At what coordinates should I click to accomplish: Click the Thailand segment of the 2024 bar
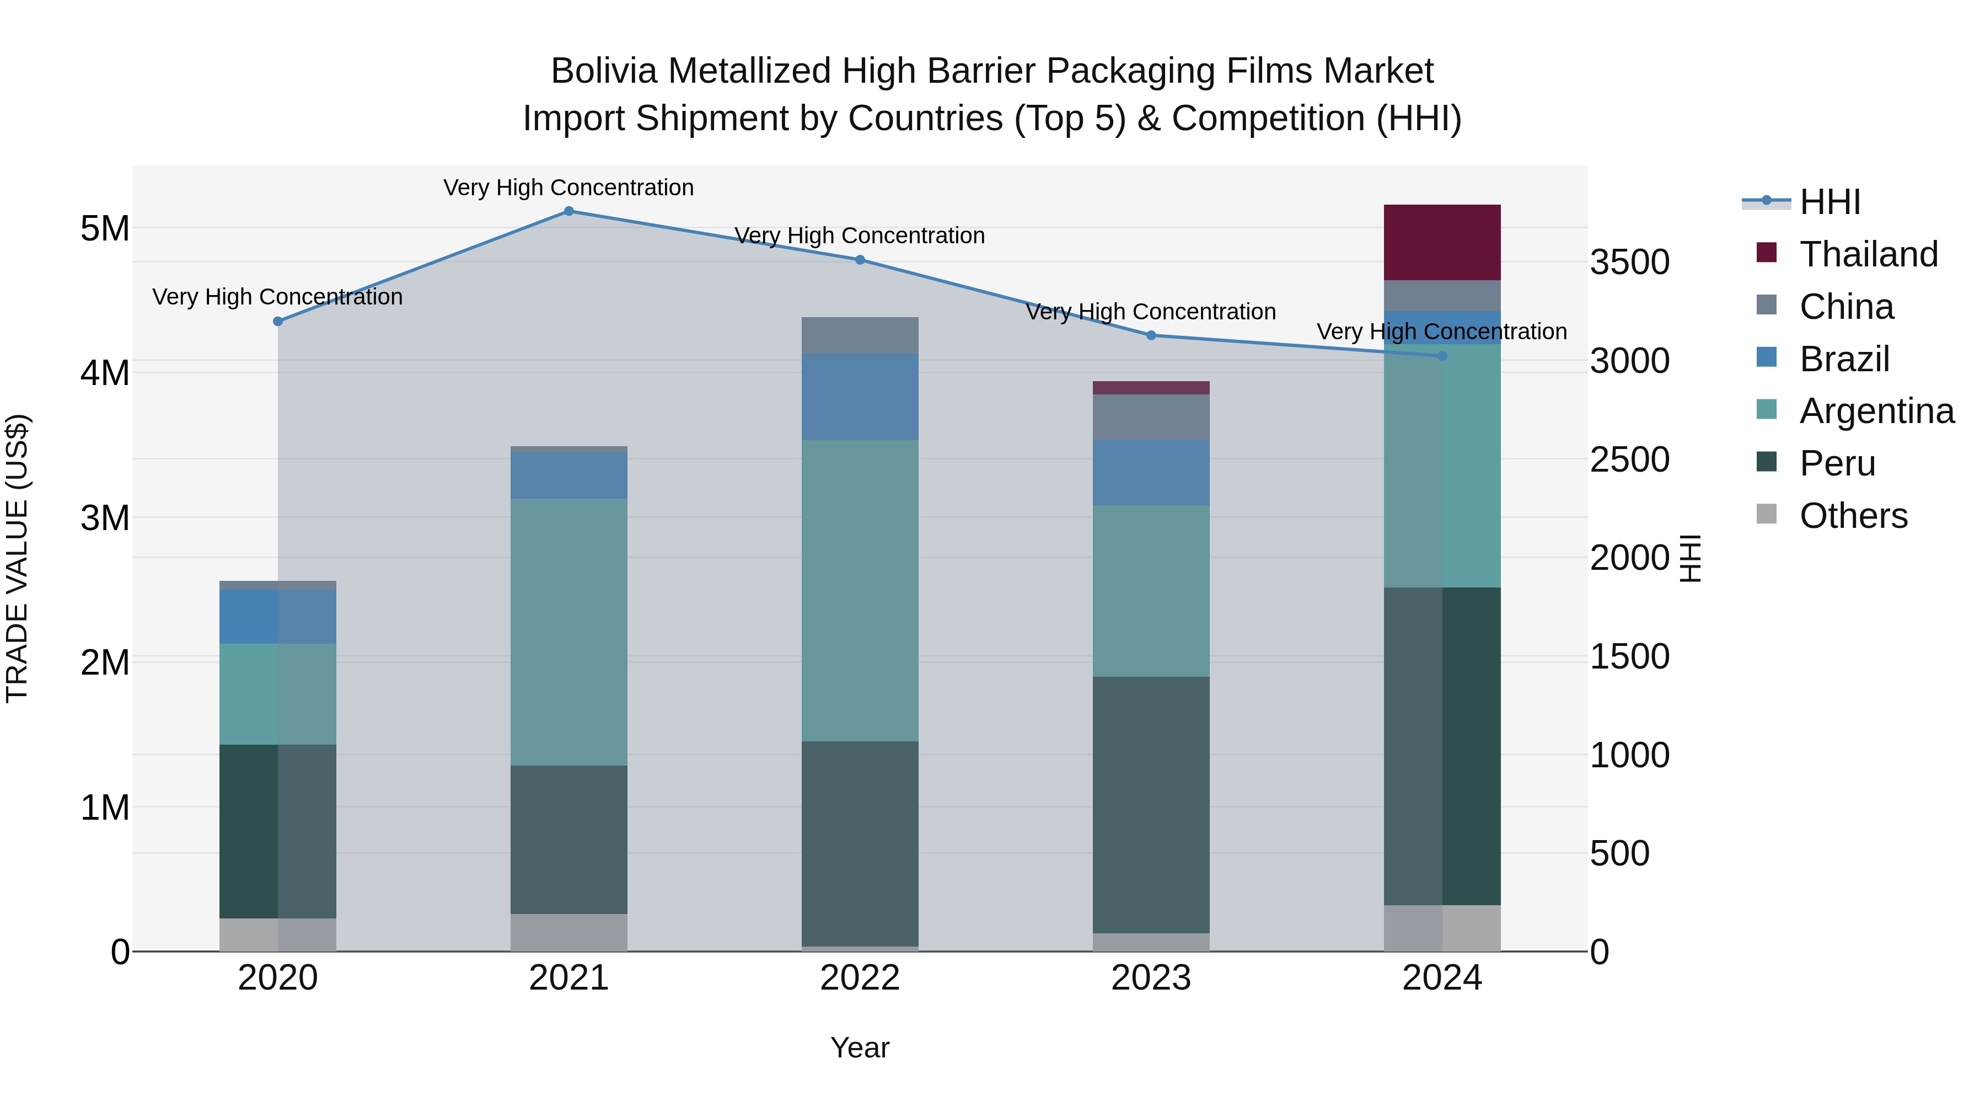[x=1442, y=242]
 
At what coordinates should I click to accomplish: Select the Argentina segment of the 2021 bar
[x=568, y=632]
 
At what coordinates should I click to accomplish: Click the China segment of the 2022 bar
[x=860, y=335]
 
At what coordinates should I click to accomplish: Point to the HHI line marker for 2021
[x=568, y=211]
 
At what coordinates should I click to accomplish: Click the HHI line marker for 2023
[x=1151, y=335]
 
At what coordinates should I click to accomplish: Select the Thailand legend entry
[x=1868, y=254]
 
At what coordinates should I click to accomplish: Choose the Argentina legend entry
[x=1876, y=411]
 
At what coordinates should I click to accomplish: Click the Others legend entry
[x=1853, y=516]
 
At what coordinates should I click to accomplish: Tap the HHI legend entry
[x=1830, y=202]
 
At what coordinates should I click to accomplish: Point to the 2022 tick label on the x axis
[x=860, y=978]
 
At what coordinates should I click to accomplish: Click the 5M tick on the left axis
[x=105, y=228]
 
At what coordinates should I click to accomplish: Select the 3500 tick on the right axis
[x=1630, y=262]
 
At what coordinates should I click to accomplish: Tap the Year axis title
[x=860, y=1047]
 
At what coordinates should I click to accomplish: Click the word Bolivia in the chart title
[x=604, y=71]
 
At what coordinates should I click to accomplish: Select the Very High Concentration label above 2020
[x=277, y=297]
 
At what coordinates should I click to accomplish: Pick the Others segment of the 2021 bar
[x=568, y=932]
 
